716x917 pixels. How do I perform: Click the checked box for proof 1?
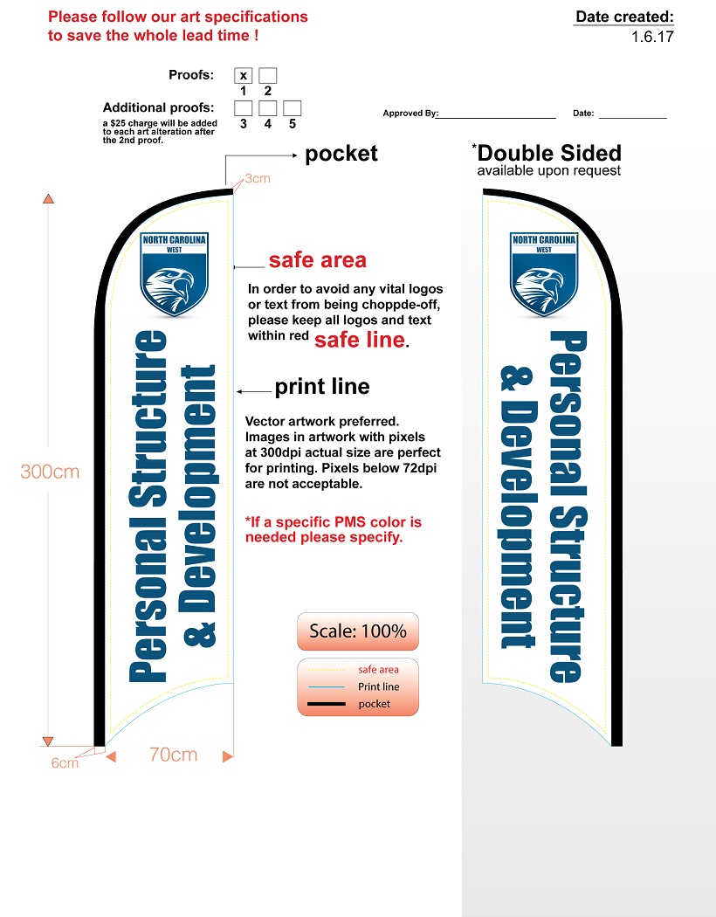[244, 76]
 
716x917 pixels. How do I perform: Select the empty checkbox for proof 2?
[268, 76]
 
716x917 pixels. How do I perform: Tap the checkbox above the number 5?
[293, 108]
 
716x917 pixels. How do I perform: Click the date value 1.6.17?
[652, 37]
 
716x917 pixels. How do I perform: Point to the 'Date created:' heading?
[624, 17]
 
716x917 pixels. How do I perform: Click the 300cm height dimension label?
[50, 472]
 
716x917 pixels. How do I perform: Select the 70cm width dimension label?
[173, 755]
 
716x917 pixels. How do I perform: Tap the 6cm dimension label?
[65, 762]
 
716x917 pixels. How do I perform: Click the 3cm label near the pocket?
[258, 178]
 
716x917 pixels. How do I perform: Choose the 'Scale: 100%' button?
[358, 631]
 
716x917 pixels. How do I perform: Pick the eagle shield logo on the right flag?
[544, 273]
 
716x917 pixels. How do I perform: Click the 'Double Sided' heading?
[550, 153]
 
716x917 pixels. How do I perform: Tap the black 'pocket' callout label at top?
[341, 154]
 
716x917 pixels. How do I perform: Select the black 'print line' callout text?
[322, 387]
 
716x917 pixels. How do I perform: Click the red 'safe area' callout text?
[317, 260]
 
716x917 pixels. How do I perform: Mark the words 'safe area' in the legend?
[378, 670]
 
